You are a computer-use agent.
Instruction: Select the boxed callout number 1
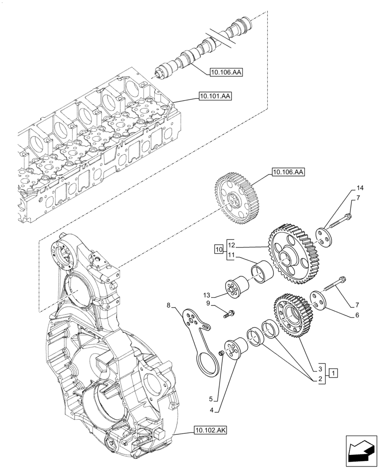click(333, 374)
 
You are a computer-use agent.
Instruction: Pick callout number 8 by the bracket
click(169, 306)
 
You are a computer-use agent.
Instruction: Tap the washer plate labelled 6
click(320, 301)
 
